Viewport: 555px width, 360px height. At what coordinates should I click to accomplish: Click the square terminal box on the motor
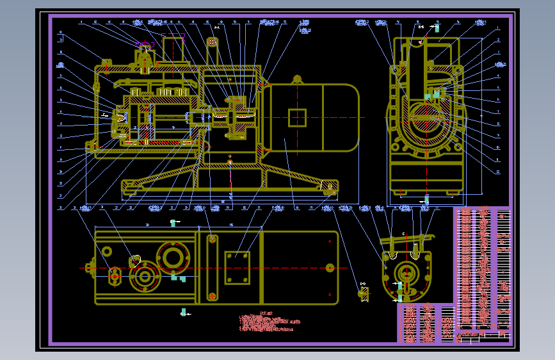pos(297,118)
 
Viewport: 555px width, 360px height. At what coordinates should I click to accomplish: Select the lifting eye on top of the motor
pos(297,79)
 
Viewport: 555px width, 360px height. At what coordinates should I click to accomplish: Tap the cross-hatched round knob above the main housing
pos(213,42)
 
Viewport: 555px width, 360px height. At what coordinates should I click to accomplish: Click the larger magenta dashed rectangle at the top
pos(173,49)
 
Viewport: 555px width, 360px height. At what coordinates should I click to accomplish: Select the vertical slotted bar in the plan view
pos(212,268)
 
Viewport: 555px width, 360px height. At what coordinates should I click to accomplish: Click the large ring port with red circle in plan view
pos(173,257)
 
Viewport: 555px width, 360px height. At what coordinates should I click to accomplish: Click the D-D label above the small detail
pos(363,284)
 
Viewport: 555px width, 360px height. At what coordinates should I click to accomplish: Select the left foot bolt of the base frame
pos(130,188)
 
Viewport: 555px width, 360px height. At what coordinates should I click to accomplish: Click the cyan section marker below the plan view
pos(184,313)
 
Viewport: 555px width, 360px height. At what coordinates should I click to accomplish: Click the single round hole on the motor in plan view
pos(329,268)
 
